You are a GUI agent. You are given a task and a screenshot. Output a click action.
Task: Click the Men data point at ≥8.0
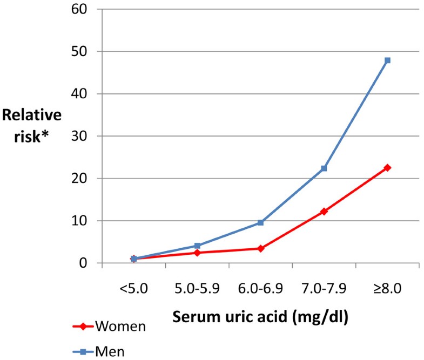pyautogui.click(x=387, y=60)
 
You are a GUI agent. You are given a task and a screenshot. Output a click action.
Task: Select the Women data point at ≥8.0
pyautogui.click(x=387, y=168)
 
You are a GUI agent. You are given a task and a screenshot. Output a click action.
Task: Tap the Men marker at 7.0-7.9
pyautogui.click(x=324, y=168)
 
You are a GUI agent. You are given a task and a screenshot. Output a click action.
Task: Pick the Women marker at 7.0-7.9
pyautogui.click(x=324, y=212)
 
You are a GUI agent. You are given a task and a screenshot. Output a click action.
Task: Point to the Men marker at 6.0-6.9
pyautogui.click(x=260, y=222)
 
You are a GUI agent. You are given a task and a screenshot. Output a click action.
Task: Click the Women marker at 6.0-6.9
pyautogui.click(x=260, y=249)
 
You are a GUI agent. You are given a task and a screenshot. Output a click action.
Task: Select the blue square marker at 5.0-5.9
pyautogui.click(x=197, y=246)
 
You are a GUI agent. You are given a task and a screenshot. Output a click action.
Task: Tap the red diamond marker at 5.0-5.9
pyautogui.click(x=197, y=253)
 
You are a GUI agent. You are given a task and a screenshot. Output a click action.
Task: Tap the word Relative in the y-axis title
pyautogui.click(x=31, y=116)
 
